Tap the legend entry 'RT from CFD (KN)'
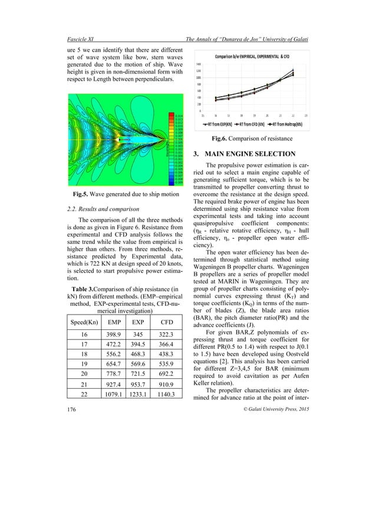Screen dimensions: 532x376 click(252, 124)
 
